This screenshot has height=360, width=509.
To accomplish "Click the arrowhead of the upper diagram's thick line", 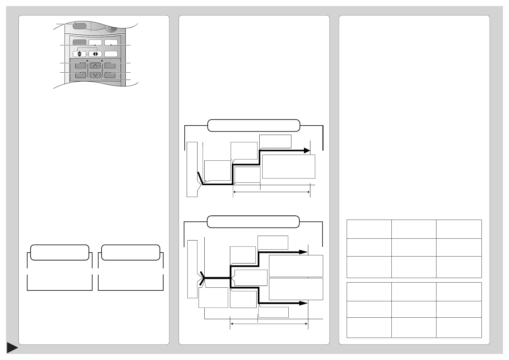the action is tap(307, 150).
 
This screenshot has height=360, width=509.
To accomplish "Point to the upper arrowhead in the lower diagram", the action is tap(303, 252).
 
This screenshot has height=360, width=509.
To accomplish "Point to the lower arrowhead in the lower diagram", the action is tap(303, 303).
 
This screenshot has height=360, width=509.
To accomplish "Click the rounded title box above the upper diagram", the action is tap(254, 126).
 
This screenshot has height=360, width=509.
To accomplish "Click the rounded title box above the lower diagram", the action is tap(253, 222).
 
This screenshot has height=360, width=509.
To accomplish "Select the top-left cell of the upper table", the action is tap(369, 229).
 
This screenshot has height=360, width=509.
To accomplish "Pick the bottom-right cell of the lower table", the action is tap(459, 327).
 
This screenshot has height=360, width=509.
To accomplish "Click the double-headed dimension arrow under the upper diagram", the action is tap(271, 191).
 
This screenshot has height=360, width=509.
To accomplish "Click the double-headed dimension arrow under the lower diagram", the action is tap(269, 324).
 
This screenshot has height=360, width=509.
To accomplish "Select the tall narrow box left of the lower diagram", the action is tap(192, 269).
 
